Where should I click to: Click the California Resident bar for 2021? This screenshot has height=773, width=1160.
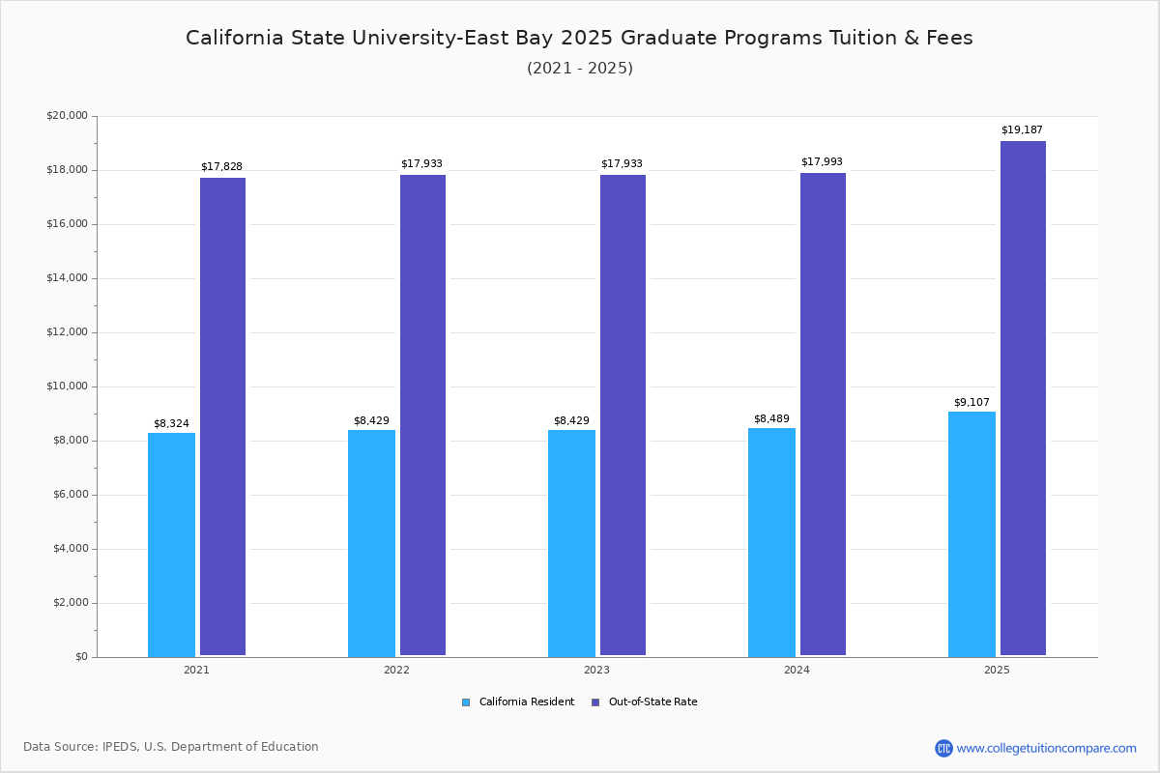(x=171, y=544)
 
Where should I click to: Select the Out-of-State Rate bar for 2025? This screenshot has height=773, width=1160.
(x=1023, y=398)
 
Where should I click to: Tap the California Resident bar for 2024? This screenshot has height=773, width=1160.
(x=771, y=542)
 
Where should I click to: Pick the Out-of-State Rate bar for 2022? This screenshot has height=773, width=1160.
(x=422, y=415)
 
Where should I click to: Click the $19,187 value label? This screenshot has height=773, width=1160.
(x=1022, y=130)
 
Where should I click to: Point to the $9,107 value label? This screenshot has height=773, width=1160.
(x=971, y=403)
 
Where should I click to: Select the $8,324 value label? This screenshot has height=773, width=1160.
(x=171, y=424)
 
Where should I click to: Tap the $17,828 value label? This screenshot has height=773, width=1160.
(x=221, y=167)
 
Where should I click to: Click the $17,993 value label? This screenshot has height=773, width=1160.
(x=822, y=162)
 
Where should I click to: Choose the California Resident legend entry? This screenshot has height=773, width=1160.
(x=518, y=702)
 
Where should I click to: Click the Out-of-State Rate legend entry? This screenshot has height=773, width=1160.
(x=645, y=702)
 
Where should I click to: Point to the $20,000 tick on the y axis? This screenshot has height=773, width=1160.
(x=67, y=116)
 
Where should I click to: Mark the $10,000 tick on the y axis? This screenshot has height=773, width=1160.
(x=67, y=386)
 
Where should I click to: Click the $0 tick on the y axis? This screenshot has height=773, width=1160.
(x=79, y=657)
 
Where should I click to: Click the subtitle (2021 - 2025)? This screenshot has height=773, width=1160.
(x=579, y=69)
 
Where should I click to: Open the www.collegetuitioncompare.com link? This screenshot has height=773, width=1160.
(x=1046, y=748)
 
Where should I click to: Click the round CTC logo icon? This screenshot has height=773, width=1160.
(x=943, y=748)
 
